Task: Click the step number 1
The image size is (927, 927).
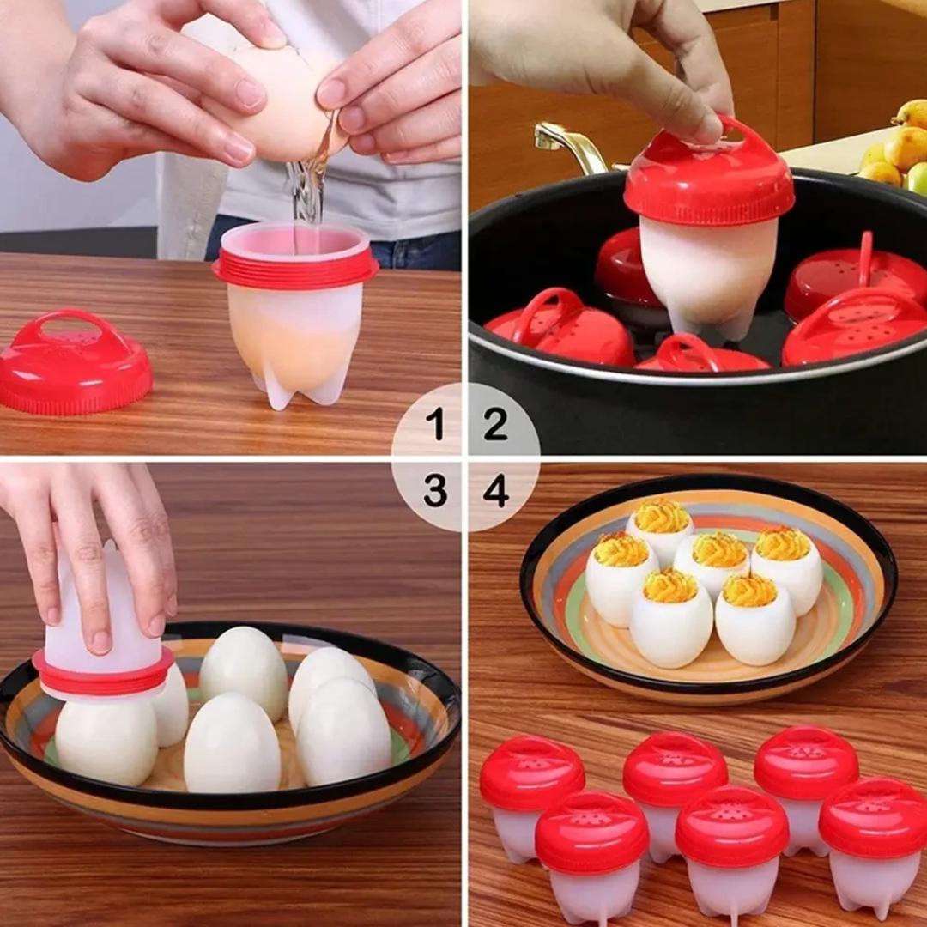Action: pos(435,424)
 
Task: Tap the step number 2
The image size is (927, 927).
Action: pos(495,424)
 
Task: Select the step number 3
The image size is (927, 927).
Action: pos(435,490)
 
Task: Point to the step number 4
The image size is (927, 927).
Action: pos(495,490)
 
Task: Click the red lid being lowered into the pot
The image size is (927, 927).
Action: pos(708,176)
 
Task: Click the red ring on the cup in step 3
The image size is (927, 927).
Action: pos(103,671)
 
